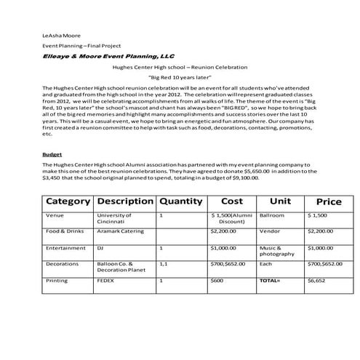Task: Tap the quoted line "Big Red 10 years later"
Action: point(179,76)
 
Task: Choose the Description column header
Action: point(124,201)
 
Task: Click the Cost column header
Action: point(232,201)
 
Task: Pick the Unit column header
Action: point(280,201)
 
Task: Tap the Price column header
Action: point(328,201)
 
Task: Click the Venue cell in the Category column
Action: point(55,216)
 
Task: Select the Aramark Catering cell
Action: point(117,231)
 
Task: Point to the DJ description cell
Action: point(100,248)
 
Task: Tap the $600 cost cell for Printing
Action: point(217,279)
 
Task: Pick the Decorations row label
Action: point(61,264)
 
